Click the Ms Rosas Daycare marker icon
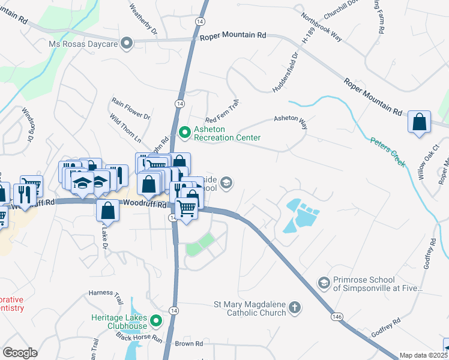126,43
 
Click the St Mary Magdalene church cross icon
294,308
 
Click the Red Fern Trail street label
222,111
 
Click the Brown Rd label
189,344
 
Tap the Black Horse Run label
139,337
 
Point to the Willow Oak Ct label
429,166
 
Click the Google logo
20,353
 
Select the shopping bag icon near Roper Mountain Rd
420,122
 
